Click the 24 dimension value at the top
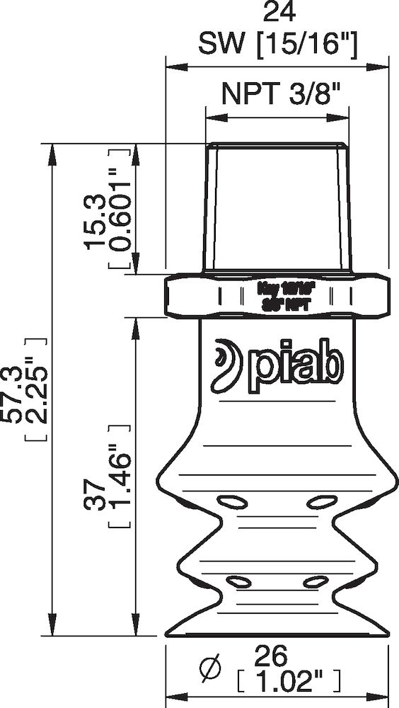277,13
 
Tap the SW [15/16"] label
277,45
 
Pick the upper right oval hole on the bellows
321,502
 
